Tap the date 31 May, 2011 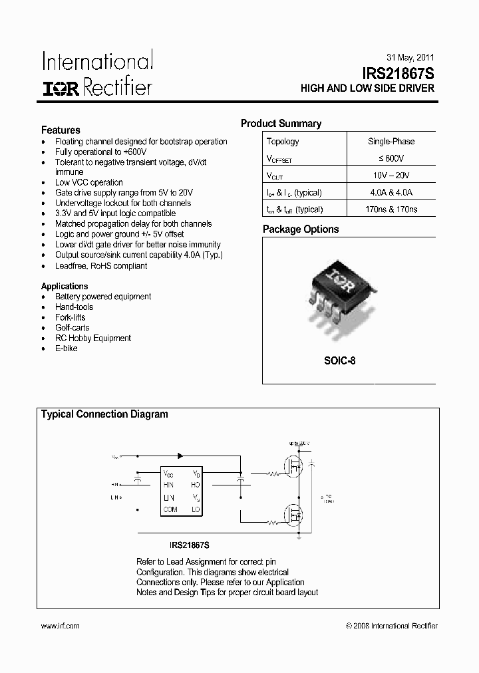[410, 57]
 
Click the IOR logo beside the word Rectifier [61, 88]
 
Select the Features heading [61, 130]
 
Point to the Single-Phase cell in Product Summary [391, 142]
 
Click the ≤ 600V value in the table [391, 158]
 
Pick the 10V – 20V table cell [391, 176]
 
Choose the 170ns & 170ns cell [391, 209]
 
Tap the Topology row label [283, 142]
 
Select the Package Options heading [301, 229]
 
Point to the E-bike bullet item [67, 348]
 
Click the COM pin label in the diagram [170, 510]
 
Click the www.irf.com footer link [61, 626]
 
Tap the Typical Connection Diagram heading [104, 414]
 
